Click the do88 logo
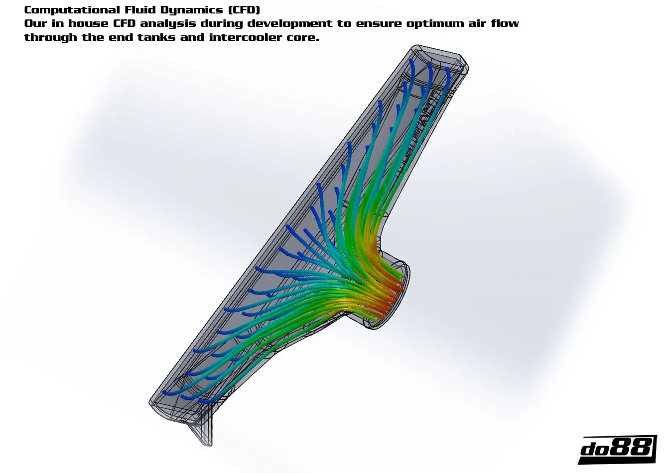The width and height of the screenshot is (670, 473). point(617,449)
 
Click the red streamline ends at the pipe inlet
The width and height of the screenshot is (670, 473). point(394,294)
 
